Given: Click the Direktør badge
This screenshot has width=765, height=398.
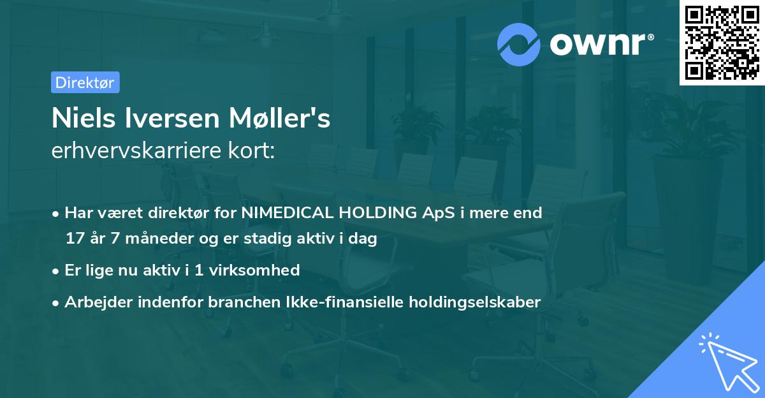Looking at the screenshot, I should click(x=85, y=82).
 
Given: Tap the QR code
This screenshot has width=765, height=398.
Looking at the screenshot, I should click(x=722, y=42).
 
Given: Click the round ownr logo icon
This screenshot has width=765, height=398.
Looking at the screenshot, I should click(x=519, y=45).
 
